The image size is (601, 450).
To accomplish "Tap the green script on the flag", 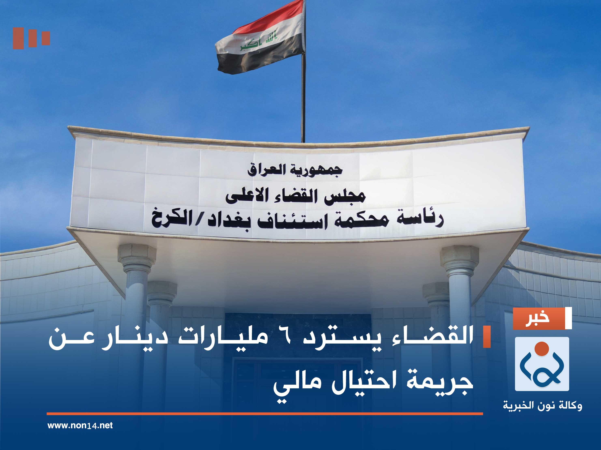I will [x=258, y=42].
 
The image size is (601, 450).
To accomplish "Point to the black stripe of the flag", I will [x=258, y=58].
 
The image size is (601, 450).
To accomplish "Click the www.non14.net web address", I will [x=80, y=425].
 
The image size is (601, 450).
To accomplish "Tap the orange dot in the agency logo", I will [x=542, y=348].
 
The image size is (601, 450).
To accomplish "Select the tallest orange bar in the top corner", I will [x=18, y=38].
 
